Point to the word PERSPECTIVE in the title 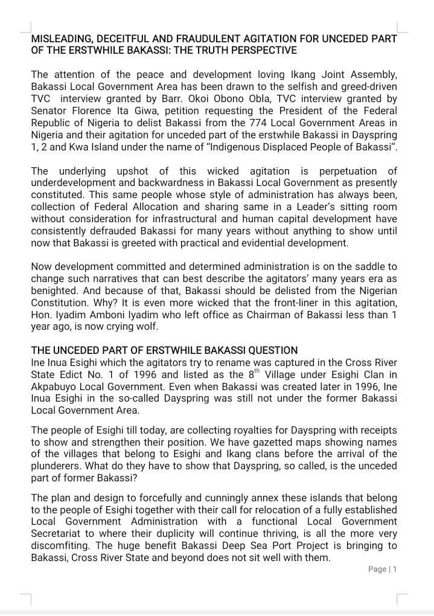tap(263, 50)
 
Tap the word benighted tap(53, 290)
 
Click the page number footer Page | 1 tap(381, 569)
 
